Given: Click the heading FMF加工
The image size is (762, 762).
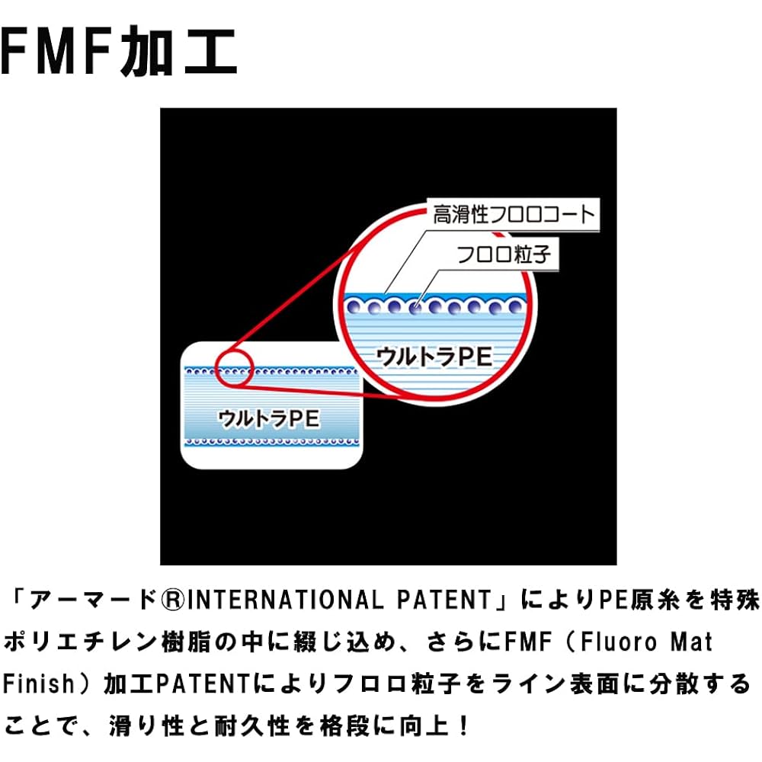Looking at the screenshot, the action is pos(119,51).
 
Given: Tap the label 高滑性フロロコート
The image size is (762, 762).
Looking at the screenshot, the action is pos(514,214).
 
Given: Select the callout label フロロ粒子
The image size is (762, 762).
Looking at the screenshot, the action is pos(504,255).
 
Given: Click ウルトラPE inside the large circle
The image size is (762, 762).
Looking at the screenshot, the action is pos(434,357).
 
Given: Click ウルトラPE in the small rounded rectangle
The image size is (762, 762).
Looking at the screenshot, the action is pos(269,419).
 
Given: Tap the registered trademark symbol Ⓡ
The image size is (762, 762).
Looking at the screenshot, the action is pos(173,600).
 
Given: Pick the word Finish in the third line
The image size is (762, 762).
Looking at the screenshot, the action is pos(38,684).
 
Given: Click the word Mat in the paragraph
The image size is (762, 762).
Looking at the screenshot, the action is pos(692,642).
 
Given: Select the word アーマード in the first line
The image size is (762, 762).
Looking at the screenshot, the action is pos(93,600).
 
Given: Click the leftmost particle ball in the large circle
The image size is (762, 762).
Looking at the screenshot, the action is pos(354,307).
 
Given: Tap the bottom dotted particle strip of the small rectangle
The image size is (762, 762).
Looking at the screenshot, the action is pos(272,442).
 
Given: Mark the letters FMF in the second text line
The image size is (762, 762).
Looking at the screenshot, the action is pos(528,642).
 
